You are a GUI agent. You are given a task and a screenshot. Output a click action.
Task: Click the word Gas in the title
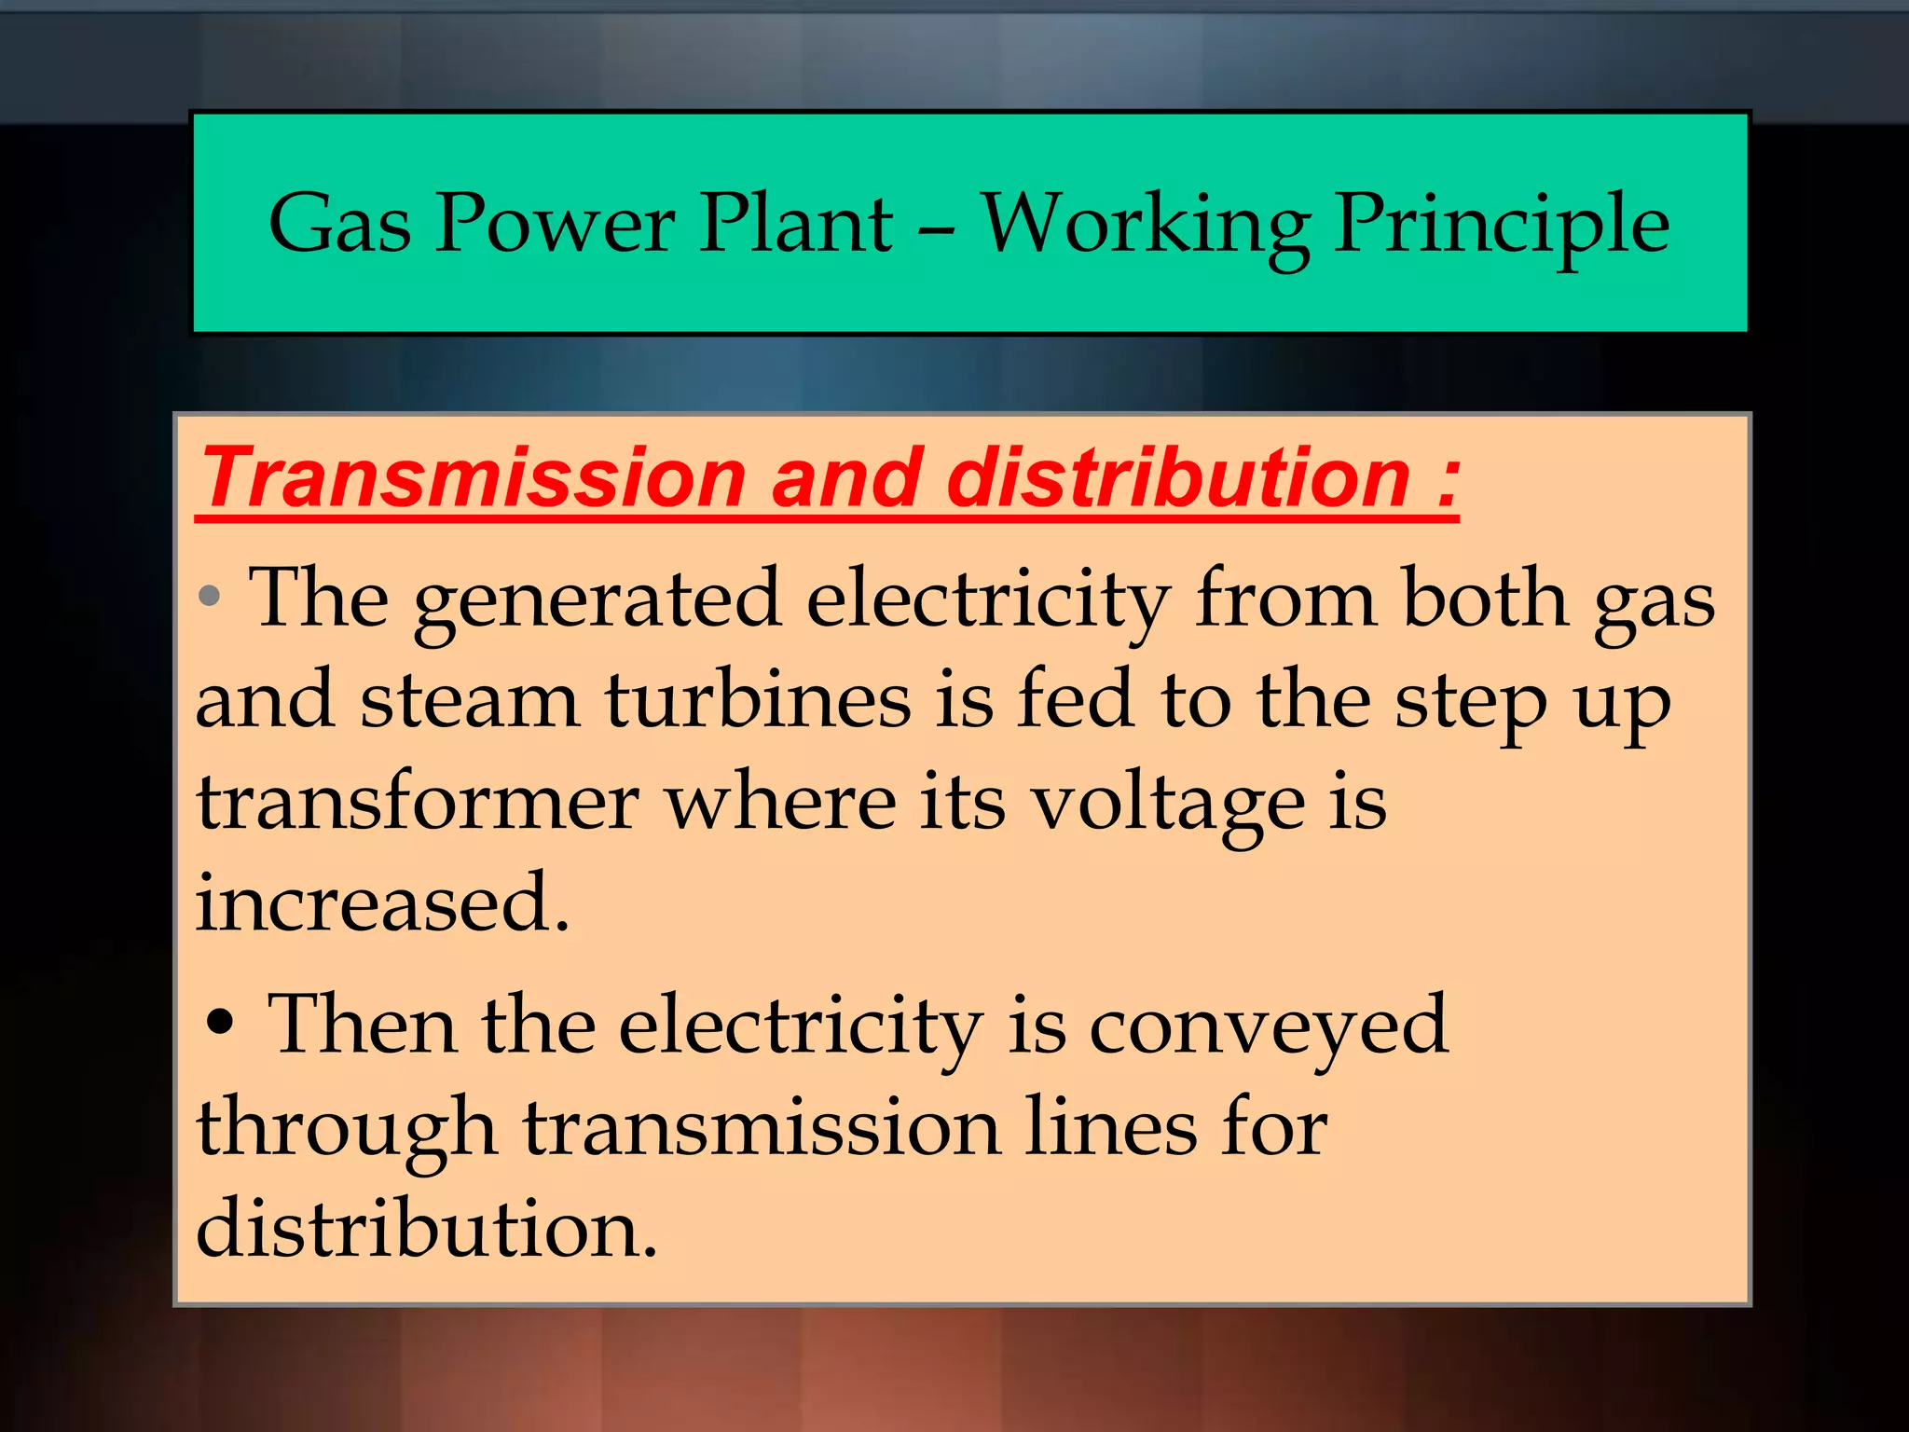point(339,224)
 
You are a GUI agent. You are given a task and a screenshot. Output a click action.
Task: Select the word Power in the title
point(556,224)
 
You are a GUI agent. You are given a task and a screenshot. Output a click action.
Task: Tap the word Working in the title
point(1146,226)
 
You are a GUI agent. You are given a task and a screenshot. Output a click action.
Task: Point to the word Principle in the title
point(1501,226)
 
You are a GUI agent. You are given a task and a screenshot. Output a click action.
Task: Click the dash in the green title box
point(936,227)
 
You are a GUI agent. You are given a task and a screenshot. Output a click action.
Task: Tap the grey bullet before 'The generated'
point(211,595)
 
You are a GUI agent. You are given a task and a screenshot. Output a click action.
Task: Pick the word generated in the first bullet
point(597,600)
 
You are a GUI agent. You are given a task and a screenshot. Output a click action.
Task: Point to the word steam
point(469,701)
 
